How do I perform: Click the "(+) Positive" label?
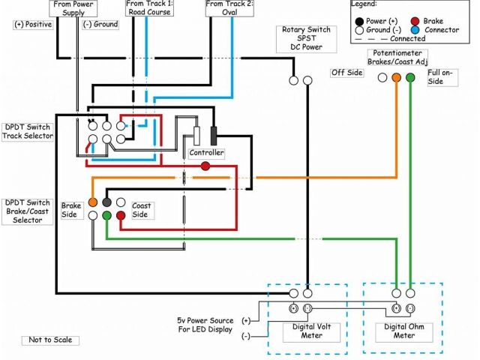[x=33, y=24]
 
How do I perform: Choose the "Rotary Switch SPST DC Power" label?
[x=305, y=38]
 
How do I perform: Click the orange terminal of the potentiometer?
[x=396, y=76]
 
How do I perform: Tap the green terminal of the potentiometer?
[x=409, y=76]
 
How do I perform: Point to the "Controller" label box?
[x=206, y=153]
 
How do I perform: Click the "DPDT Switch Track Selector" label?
[x=28, y=131]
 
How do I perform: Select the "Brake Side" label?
[x=71, y=209]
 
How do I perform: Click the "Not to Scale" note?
[x=51, y=340]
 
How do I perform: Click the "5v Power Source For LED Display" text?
[x=206, y=325]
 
